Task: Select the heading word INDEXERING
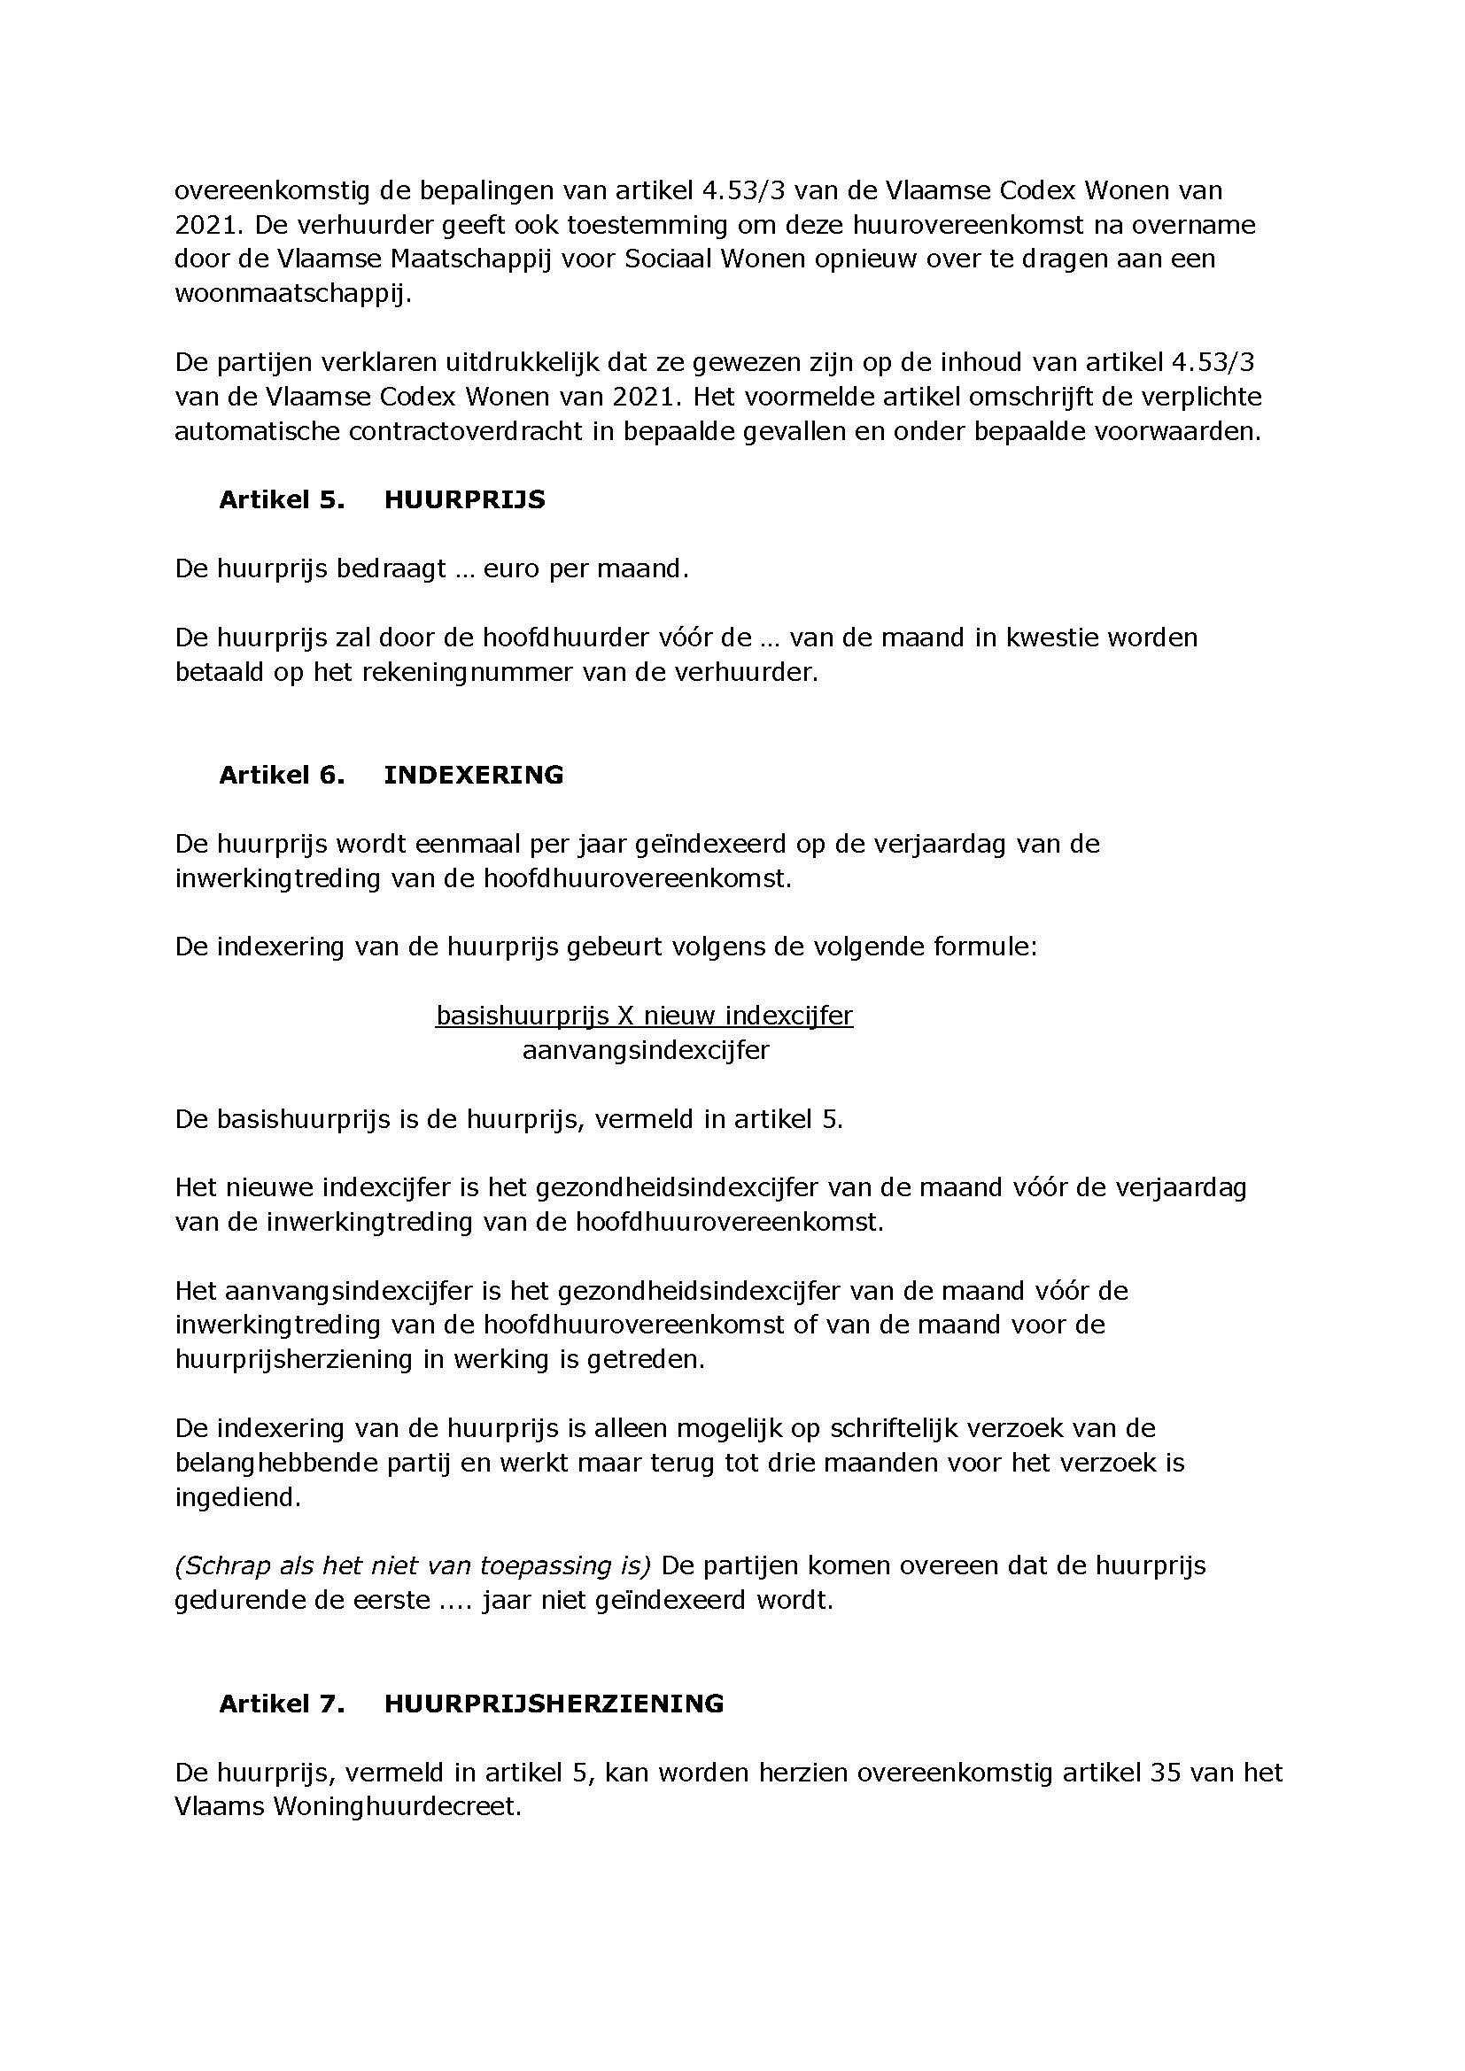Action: coord(474,775)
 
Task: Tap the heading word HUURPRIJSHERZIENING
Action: coord(554,1704)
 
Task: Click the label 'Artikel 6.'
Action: coord(282,775)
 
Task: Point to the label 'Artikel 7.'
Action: coord(282,1704)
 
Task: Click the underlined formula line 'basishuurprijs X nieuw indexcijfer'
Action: coord(644,1016)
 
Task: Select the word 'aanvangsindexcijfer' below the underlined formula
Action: coord(646,1050)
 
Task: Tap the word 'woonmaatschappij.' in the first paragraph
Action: coord(292,294)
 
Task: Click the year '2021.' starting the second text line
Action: coord(205,225)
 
